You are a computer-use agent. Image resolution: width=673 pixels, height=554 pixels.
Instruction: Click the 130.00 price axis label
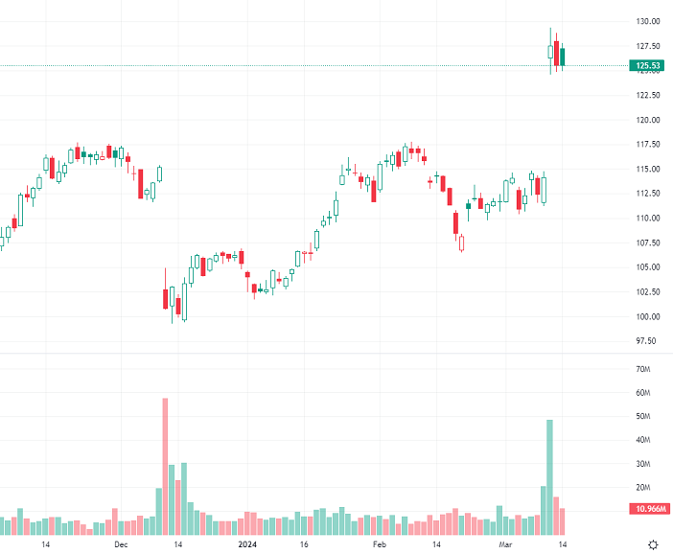647,21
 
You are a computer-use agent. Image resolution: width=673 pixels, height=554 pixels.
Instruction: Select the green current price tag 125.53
647,66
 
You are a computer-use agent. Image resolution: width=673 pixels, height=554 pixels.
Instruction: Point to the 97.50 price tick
647,341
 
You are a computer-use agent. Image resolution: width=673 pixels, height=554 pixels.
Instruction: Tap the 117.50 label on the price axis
647,145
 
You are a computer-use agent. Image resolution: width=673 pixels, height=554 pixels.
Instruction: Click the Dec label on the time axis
121,544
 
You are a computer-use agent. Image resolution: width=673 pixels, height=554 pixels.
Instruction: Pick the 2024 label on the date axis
246,544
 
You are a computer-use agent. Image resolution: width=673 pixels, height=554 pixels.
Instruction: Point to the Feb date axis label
380,544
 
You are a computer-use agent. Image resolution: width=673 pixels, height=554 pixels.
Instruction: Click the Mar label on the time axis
506,544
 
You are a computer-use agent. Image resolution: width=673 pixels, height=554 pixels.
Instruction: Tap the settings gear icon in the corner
653,544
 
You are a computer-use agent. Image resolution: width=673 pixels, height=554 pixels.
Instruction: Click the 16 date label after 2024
302,544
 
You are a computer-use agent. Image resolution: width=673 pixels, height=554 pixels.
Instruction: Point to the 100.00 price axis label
647,317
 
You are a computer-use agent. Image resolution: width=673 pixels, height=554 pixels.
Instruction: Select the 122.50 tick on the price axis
647,95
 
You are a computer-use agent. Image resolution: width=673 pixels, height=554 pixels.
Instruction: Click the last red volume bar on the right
563,521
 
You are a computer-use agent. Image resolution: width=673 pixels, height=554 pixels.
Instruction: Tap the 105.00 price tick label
647,267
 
